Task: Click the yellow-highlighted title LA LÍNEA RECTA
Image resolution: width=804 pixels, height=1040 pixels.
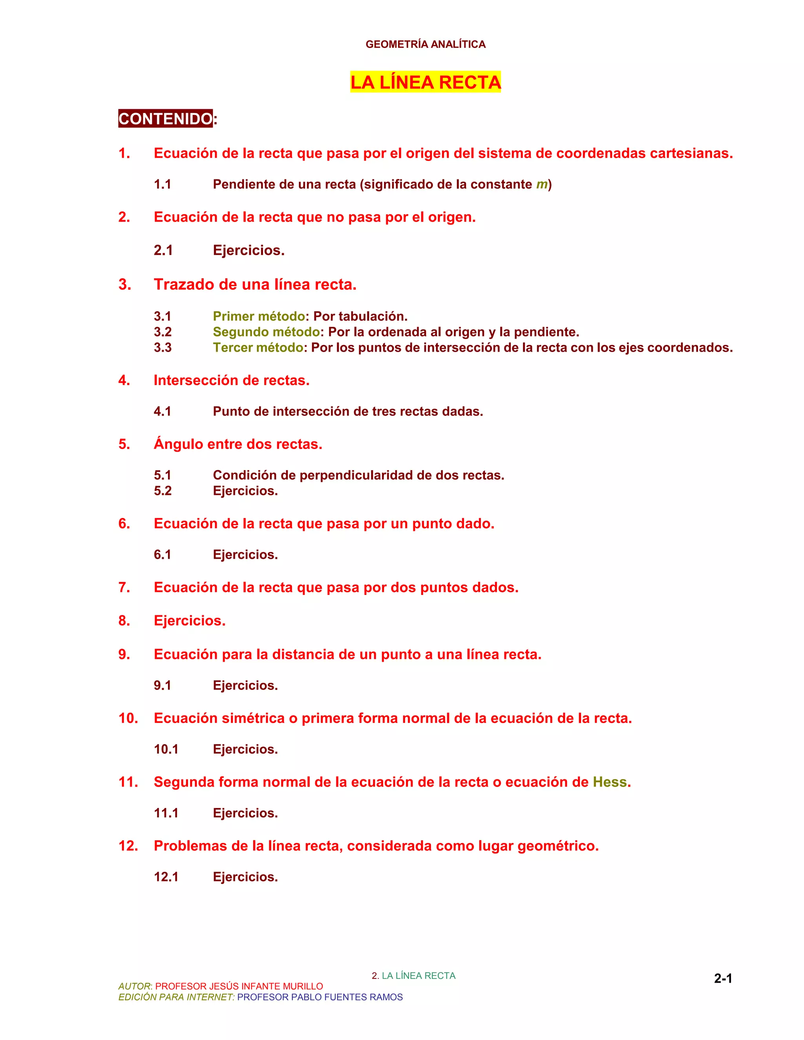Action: point(425,82)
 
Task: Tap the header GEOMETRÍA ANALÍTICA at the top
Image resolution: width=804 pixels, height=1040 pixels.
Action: point(425,44)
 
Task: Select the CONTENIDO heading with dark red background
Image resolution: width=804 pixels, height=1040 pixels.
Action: point(165,119)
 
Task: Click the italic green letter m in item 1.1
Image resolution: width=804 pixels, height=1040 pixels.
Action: point(541,184)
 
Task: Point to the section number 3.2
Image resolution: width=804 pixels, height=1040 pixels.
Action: point(163,332)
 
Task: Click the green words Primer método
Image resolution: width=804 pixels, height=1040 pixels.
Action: point(259,316)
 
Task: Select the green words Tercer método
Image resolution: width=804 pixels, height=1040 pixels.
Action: point(258,348)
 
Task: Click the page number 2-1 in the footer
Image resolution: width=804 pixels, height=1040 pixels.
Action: point(723,978)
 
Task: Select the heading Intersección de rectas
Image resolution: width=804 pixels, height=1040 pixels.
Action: point(232,380)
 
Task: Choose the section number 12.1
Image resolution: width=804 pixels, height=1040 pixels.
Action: point(166,877)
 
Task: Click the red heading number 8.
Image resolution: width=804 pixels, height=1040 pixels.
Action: point(124,620)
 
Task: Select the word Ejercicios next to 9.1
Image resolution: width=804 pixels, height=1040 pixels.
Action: point(245,685)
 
